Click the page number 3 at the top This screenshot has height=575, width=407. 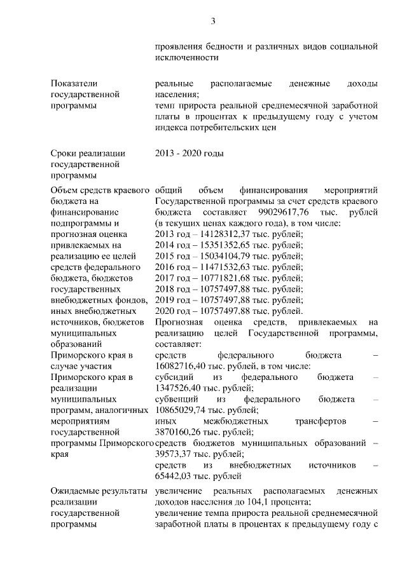[x=214, y=22]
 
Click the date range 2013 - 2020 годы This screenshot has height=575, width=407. [x=189, y=153]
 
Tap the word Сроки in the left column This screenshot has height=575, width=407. [x=65, y=153]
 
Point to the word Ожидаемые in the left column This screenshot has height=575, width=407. [x=76, y=490]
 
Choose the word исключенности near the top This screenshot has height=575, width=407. [x=186, y=58]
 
